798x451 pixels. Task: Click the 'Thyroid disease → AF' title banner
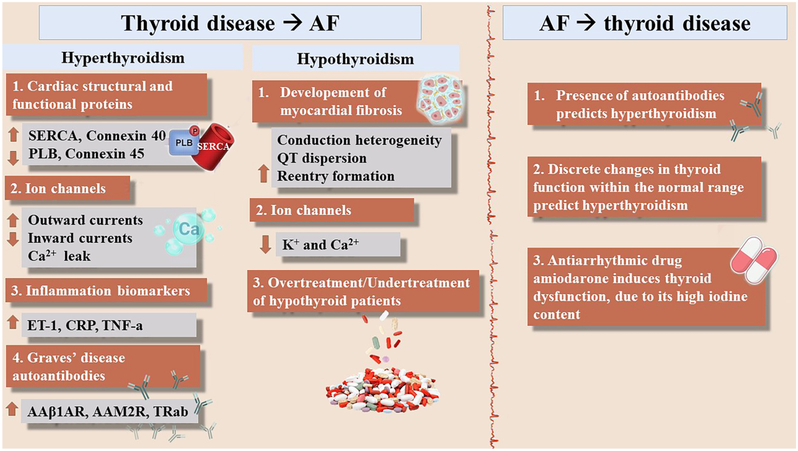(230, 24)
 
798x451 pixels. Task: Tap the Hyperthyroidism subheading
(123, 58)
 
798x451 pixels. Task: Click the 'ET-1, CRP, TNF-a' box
(109, 325)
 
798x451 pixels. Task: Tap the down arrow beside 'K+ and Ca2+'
(265, 244)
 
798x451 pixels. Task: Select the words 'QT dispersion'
(322, 158)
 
